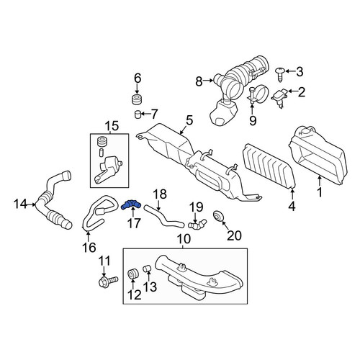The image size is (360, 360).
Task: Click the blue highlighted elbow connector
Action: pos(131,204)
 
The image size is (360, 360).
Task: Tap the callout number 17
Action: pos(134,223)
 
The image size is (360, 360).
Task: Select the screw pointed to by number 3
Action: pos(280,74)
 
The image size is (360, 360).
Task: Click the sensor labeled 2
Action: pos(280,98)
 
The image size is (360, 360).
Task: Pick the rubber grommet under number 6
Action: pos(137,99)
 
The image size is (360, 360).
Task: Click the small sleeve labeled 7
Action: pos(137,114)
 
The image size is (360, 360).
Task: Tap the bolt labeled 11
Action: pos(108,282)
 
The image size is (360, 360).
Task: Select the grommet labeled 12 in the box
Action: pos(132,274)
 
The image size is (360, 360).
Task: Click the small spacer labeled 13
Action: pos(147,268)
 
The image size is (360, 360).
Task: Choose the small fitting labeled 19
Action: pos(197,223)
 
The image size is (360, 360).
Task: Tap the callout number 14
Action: pos(21,204)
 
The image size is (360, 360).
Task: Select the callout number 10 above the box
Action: pos(184,239)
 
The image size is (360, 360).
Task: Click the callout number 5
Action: pos(189,120)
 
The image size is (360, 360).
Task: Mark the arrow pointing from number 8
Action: pos(208,81)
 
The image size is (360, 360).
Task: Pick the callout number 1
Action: pos(320,192)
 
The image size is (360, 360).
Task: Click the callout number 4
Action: pos(292,206)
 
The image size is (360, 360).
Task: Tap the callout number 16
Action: pos(89,248)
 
